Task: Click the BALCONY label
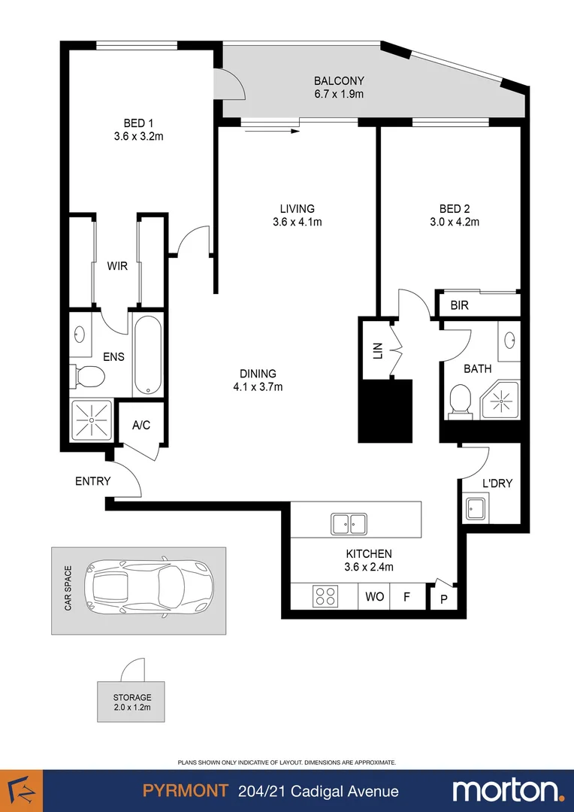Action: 339,80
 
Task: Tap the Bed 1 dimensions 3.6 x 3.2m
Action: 143,136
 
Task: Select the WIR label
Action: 117,266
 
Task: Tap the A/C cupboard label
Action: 141,425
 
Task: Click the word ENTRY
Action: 93,481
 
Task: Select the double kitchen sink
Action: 348,523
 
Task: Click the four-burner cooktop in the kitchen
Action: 325,597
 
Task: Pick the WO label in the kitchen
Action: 375,597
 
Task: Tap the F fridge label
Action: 406,597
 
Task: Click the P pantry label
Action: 443,600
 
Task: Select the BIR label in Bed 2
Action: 460,305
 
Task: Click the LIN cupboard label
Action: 378,350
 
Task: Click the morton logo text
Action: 506,790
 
